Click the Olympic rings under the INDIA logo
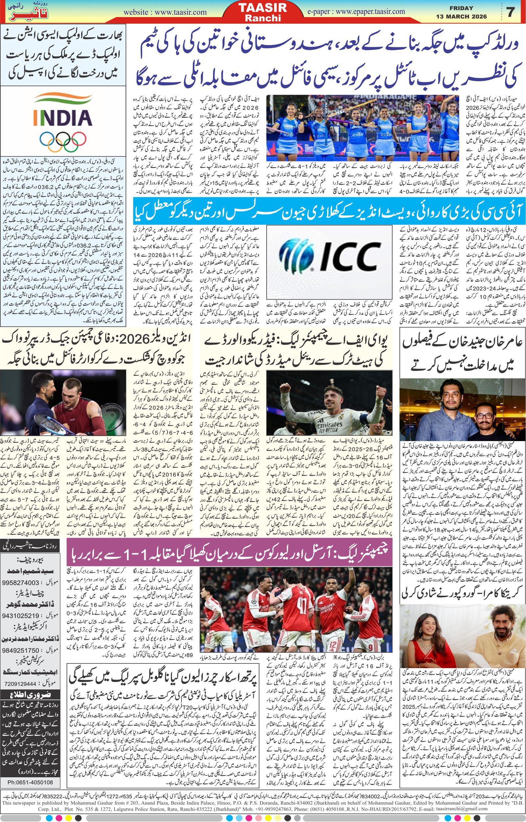[63, 142]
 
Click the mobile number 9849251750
[21, 651]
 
